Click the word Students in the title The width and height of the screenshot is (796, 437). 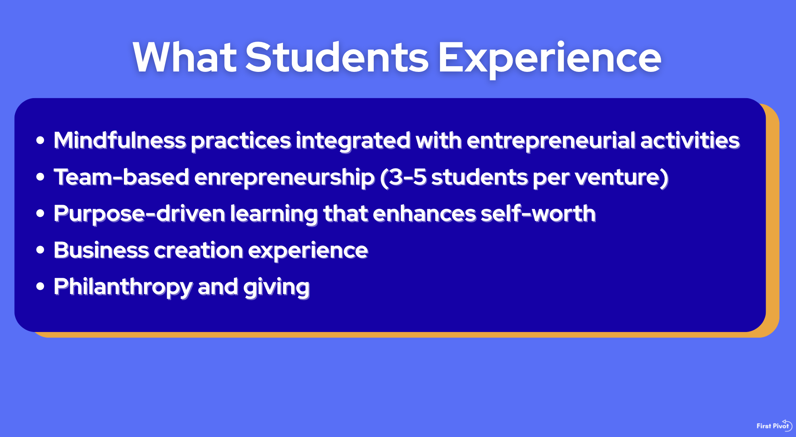coord(337,57)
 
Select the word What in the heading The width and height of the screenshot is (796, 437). coord(184,57)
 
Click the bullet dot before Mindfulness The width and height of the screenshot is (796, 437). coord(40,140)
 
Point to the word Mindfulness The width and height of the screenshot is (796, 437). coord(120,140)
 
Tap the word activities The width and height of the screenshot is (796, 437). coord(690,140)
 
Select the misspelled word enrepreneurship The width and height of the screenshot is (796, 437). coord(284,178)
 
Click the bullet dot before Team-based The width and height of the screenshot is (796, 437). coord(40,176)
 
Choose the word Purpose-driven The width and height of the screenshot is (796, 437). coord(139,214)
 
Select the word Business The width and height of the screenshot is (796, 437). coord(101,250)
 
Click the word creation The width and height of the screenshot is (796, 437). coord(198,250)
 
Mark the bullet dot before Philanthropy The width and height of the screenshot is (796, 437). coord(40,286)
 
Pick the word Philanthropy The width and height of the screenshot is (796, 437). coord(123,287)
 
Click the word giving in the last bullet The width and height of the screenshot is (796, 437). coord(276,287)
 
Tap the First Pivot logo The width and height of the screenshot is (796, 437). coord(774,426)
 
